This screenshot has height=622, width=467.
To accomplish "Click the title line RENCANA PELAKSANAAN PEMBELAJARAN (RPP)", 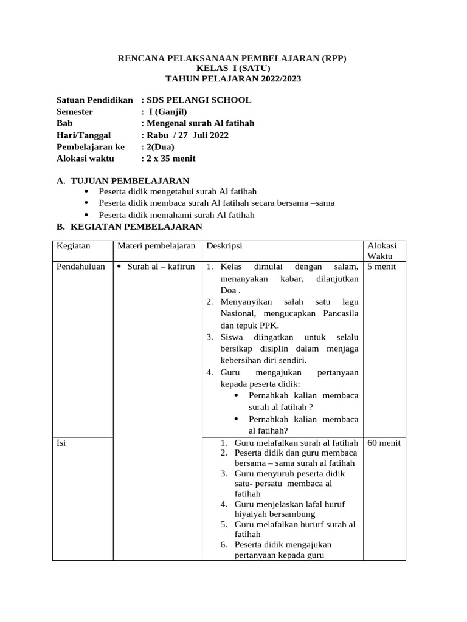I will pos(233,58).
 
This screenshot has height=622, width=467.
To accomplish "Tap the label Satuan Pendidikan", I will pos(94,100).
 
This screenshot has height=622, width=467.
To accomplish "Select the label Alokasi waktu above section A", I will pos(86,159).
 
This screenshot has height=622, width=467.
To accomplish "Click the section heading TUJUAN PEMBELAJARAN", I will pos(130,181).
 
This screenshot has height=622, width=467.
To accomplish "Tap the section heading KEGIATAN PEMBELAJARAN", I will pos(136,227).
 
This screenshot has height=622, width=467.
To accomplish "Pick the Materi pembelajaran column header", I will pos(156,246).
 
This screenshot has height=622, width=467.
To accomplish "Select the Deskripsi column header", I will pos(224,246).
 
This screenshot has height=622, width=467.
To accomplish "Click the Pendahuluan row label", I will pos(81,267).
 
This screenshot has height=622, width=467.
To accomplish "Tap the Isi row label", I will pos(61,443).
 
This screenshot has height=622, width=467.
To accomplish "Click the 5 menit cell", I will pos(382,267).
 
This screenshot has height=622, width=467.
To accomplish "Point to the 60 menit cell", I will pos(384,443).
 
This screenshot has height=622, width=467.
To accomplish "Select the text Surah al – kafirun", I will pos(161,267).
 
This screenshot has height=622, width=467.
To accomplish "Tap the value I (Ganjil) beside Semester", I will pos(168,112).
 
